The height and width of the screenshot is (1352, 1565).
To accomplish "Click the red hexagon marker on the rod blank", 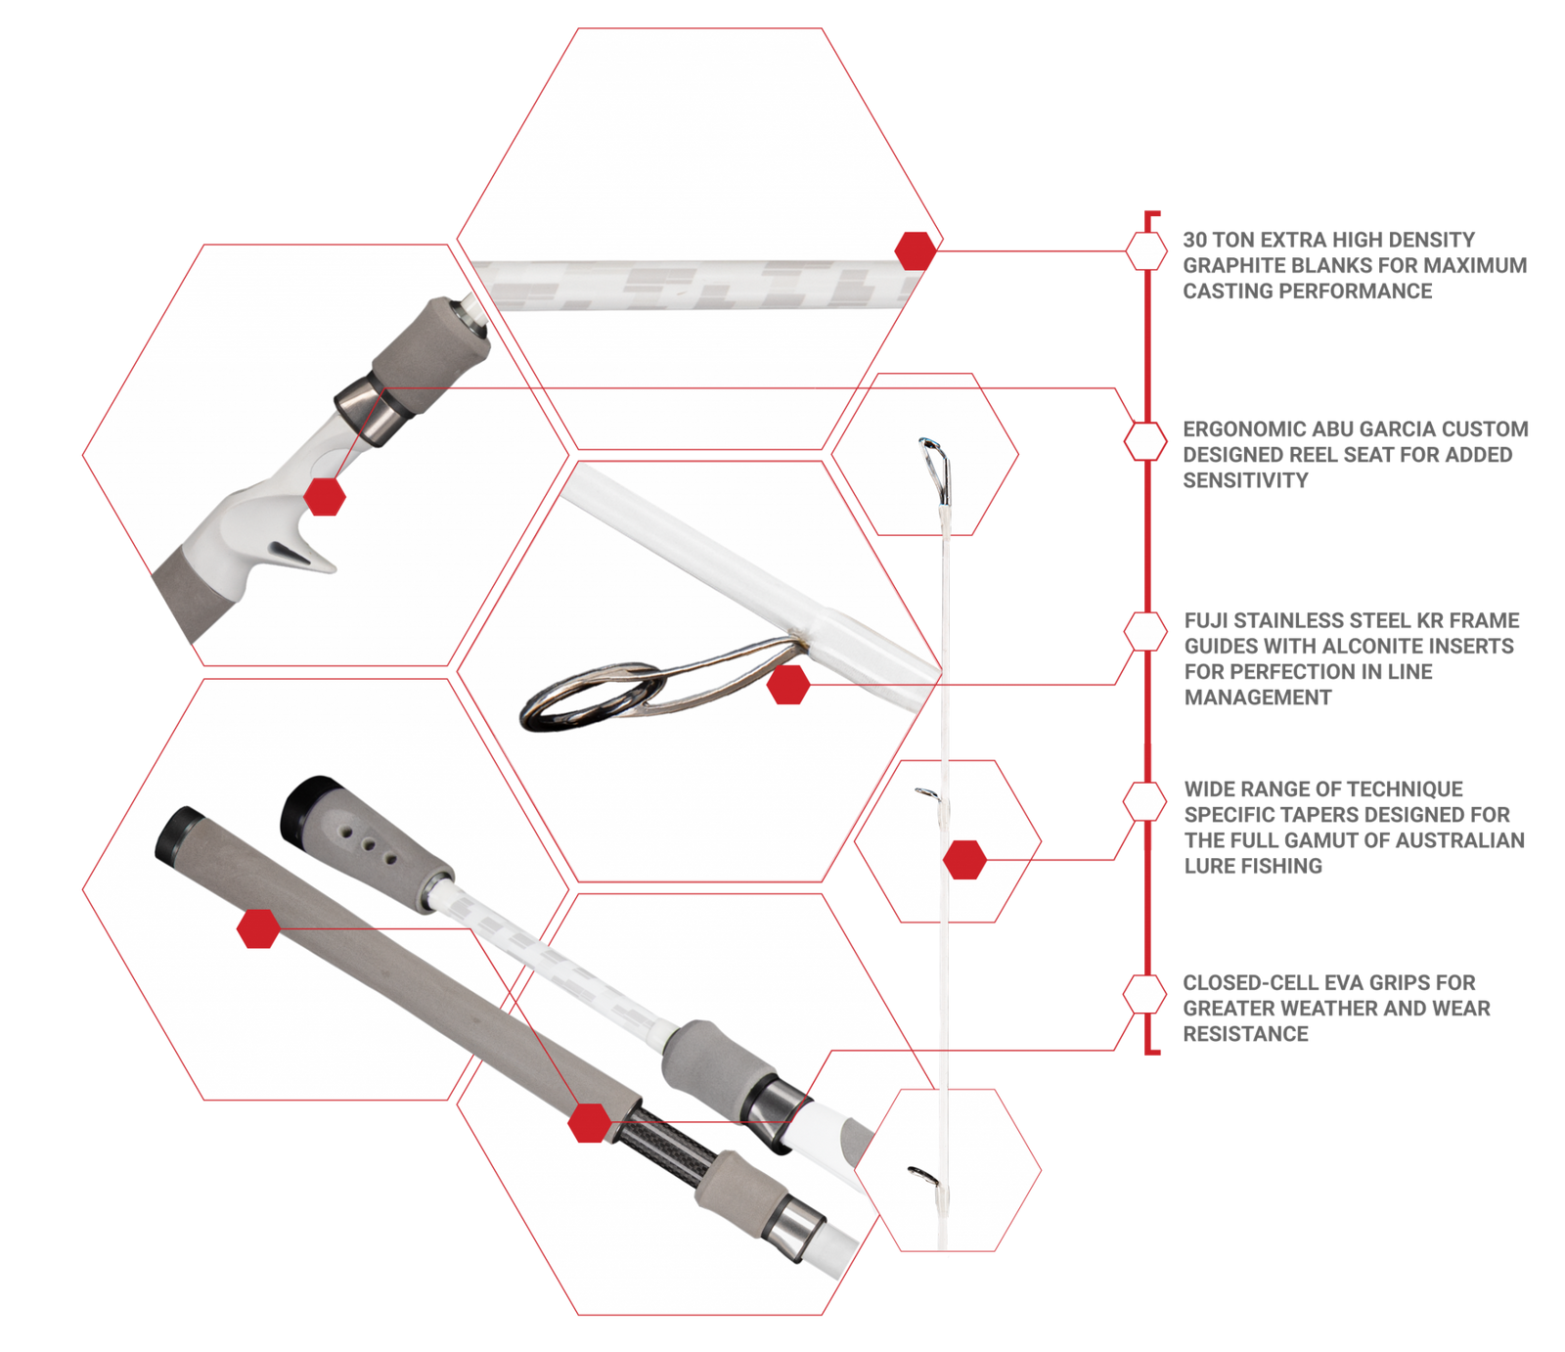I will (916, 250).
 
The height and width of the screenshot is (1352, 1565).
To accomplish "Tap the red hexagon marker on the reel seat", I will (325, 496).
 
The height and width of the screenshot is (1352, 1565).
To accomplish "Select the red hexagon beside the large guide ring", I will (787, 685).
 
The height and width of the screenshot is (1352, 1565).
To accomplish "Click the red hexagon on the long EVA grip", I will (258, 928).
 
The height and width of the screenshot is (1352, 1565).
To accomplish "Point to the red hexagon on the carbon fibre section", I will (590, 1122).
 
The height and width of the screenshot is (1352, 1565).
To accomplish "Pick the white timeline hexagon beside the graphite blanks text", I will (1144, 250).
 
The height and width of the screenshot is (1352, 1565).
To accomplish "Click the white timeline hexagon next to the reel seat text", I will (1144, 441).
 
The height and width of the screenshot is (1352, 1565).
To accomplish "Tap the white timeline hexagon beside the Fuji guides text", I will (1144, 631).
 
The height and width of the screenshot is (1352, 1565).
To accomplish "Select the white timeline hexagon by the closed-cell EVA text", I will (1144, 994).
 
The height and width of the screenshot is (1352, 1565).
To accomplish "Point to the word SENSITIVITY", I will (1245, 480).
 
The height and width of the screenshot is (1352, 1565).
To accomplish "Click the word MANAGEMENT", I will (1258, 698).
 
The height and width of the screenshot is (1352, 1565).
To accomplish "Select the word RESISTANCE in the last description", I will (1245, 1034).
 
